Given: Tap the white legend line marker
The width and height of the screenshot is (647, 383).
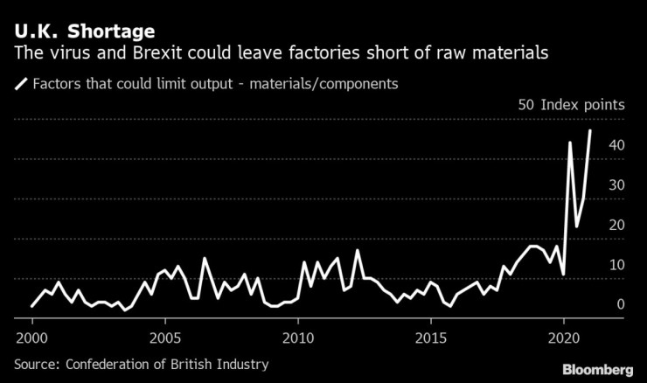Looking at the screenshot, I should [x=21, y=85].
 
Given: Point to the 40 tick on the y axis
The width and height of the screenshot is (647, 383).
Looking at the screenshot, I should [x=616, y=145].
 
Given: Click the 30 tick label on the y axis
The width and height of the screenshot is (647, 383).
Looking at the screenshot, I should [x=616, y=185].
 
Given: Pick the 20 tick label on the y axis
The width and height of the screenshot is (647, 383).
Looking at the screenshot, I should [x=616, y=226].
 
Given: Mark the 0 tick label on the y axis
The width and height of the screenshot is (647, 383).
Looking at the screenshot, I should [x=620, y=305].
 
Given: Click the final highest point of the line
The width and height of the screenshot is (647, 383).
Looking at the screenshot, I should [x=590, y=130].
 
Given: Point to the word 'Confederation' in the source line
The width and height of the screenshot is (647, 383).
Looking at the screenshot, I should [x=114, y=364].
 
